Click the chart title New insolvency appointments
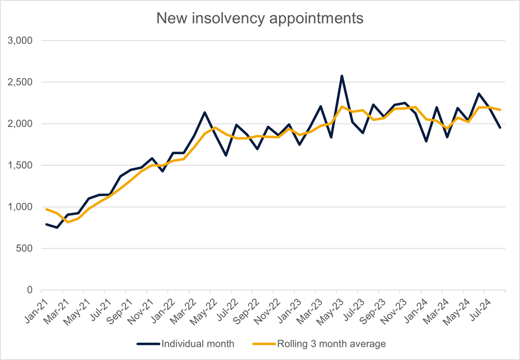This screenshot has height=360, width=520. click(x=260, y=18)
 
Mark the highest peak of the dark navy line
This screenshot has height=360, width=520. click(x=341, y=76)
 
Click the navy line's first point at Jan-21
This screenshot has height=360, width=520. click(x=46, y=224)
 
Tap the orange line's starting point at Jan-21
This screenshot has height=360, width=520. click(x=46, y=209)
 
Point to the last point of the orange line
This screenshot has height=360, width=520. click(x=500, y=110)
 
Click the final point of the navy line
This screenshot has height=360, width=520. click(x=500, y=127)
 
